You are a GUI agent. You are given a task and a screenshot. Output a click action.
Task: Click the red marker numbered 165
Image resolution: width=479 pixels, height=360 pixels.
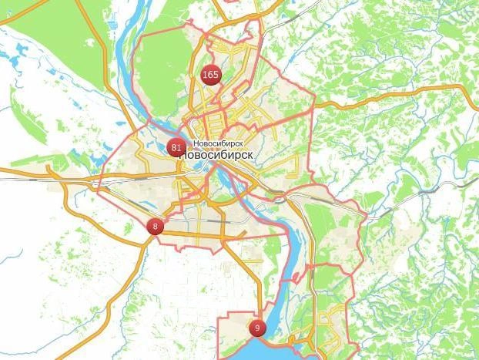209,75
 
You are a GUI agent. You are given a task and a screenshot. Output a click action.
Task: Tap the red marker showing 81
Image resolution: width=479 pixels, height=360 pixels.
176,147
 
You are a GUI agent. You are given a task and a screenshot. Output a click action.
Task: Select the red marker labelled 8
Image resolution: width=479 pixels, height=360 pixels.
156,226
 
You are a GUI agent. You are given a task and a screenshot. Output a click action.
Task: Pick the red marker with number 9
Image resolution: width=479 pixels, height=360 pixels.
256,328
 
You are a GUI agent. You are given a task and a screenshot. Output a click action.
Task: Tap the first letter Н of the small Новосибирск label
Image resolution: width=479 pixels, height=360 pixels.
196,143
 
